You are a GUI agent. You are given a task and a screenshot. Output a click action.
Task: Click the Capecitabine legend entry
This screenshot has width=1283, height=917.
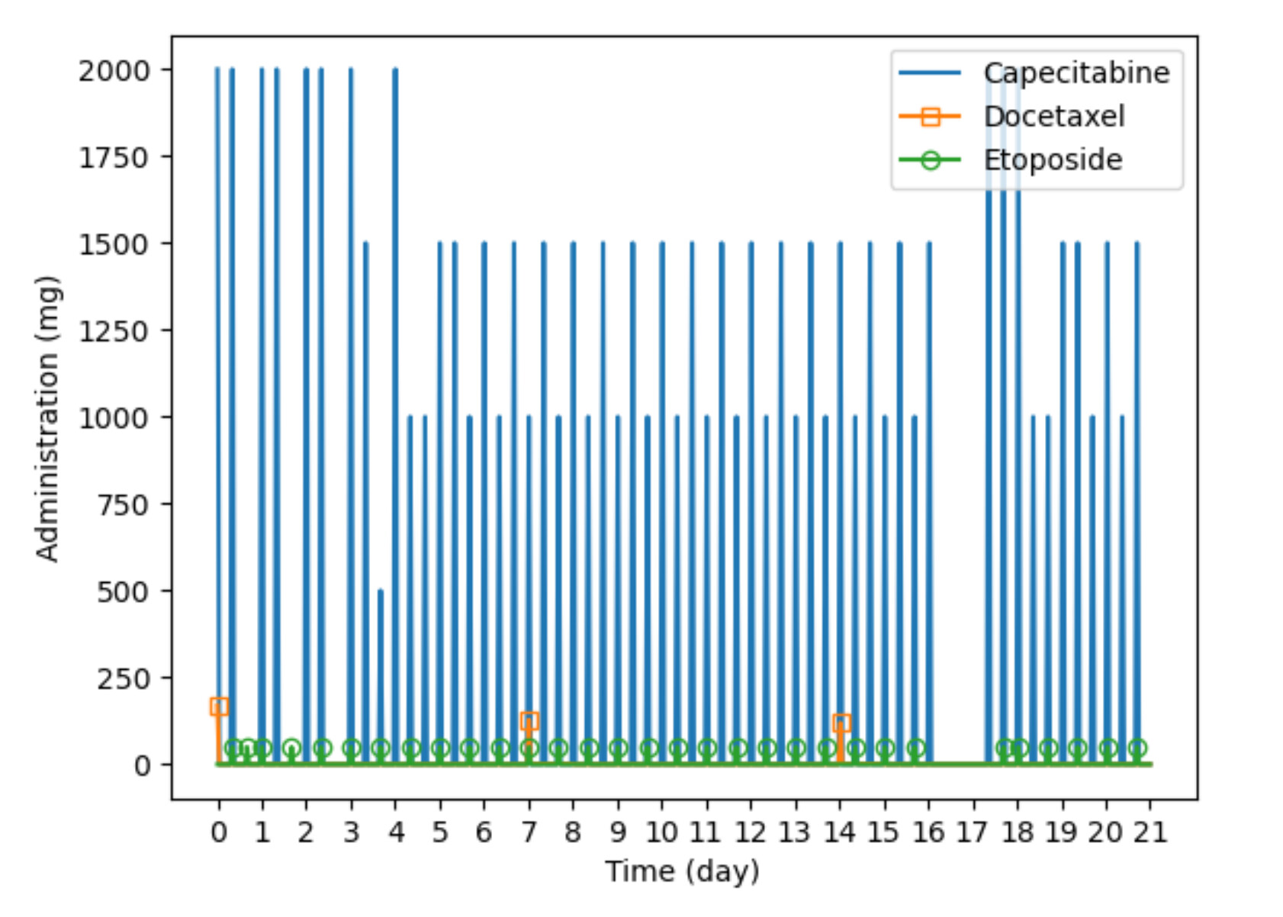pyautogui.click(x=1076, y=72)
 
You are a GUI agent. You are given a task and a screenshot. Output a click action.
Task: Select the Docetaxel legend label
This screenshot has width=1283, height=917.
pyautogui.click(x=1054, y=116)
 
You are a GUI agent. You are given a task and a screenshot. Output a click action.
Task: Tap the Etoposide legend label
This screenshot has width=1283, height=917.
pyautogui.click(x=1053, y=159)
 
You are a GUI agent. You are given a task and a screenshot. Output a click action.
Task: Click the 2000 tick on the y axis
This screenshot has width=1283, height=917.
pyautogui.click(x=114, y=72)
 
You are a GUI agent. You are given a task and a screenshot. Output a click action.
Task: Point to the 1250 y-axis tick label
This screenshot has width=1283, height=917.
pyautogui.click(x=114, y=332)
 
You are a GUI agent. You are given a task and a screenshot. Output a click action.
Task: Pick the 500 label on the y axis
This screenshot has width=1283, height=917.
pyautogui.click(x=123, y=592)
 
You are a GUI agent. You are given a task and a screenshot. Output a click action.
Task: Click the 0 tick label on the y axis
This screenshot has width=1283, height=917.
pyautogui.click(x=142, y=766)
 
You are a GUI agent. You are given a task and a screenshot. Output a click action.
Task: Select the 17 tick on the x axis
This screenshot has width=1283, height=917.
pyautogui.click(x=973, y=832)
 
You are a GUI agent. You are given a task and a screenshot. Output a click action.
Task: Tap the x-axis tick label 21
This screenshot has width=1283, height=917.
pyautogui.click(x=1150, y=832)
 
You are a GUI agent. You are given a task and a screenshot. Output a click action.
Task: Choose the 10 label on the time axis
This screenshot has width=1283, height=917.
pyautogui.click(x=661, y=832)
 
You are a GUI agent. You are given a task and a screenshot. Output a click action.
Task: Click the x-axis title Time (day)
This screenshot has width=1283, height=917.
pyautogui.click(x=682, y=872)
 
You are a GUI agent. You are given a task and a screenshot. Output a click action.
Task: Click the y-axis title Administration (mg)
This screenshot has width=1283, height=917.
pyautogui.click(x=47, y=419)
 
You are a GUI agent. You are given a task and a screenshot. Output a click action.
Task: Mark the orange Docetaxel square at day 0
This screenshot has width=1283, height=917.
pyautogui.click(x=219, y=706)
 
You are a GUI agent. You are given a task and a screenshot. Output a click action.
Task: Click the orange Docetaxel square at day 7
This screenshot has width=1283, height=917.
pyautogui.click(x=529, y=721)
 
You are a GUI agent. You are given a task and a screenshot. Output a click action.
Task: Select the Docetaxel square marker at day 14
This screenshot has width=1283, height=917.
pyautogui.click(x=841, y=723)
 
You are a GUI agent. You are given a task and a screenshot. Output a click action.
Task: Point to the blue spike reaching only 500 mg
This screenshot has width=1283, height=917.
pyautogui.click(x=381, y=677)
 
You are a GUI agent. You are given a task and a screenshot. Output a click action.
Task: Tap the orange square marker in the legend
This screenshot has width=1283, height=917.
pyautogui.click(x=931, y=117)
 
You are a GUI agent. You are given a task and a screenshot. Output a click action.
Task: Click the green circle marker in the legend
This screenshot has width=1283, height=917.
pyautogui.click(x=931, y=160)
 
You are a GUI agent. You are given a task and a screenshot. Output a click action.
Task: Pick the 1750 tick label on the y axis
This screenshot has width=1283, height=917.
pyautogui.click(x=114, y=158)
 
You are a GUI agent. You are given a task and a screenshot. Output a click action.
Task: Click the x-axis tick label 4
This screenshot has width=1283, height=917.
pyautogui.click(x=396, y=832)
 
